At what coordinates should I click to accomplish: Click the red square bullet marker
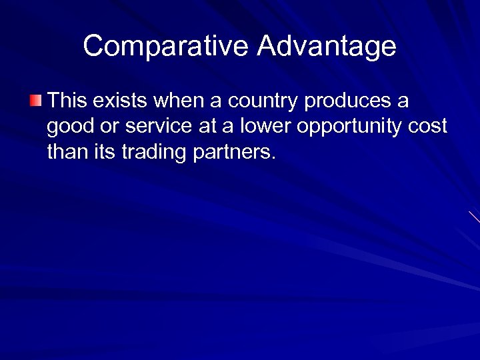35,101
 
